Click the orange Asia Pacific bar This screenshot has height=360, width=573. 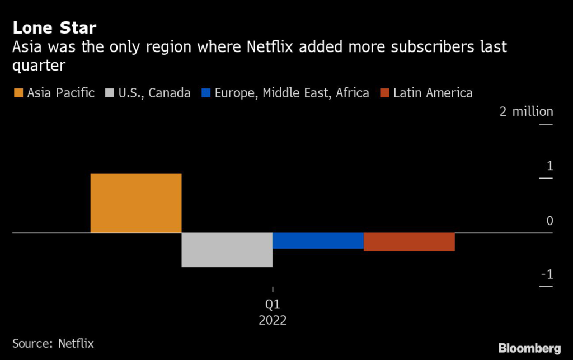(x=136, y=203)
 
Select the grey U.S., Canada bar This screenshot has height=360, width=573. (x=227, y=250)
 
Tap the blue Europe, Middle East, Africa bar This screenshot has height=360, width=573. (x=318, y=240)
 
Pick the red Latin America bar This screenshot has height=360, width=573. (x=409, y=242)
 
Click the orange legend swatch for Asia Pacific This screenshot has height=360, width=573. (x=18, y=93)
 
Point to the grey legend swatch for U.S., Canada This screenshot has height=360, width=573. (x=107, y=93)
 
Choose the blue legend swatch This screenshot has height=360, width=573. (x=205, y=93)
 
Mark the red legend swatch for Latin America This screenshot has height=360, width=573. (x=384, y=93)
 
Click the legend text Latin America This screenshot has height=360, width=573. (x=433, y=93)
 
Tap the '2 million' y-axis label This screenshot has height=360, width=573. (x=526, y=111)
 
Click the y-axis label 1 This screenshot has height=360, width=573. (x=549, y=166)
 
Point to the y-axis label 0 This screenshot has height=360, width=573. (x=549, y=221)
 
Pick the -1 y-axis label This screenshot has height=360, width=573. (x=547, y=275)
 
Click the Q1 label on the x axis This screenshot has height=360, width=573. (x=273, y=305)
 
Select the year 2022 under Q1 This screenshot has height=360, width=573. (x=273, y=321)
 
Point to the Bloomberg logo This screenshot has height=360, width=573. (x=528, y=347)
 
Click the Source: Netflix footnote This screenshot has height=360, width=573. (x=53, y=343)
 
